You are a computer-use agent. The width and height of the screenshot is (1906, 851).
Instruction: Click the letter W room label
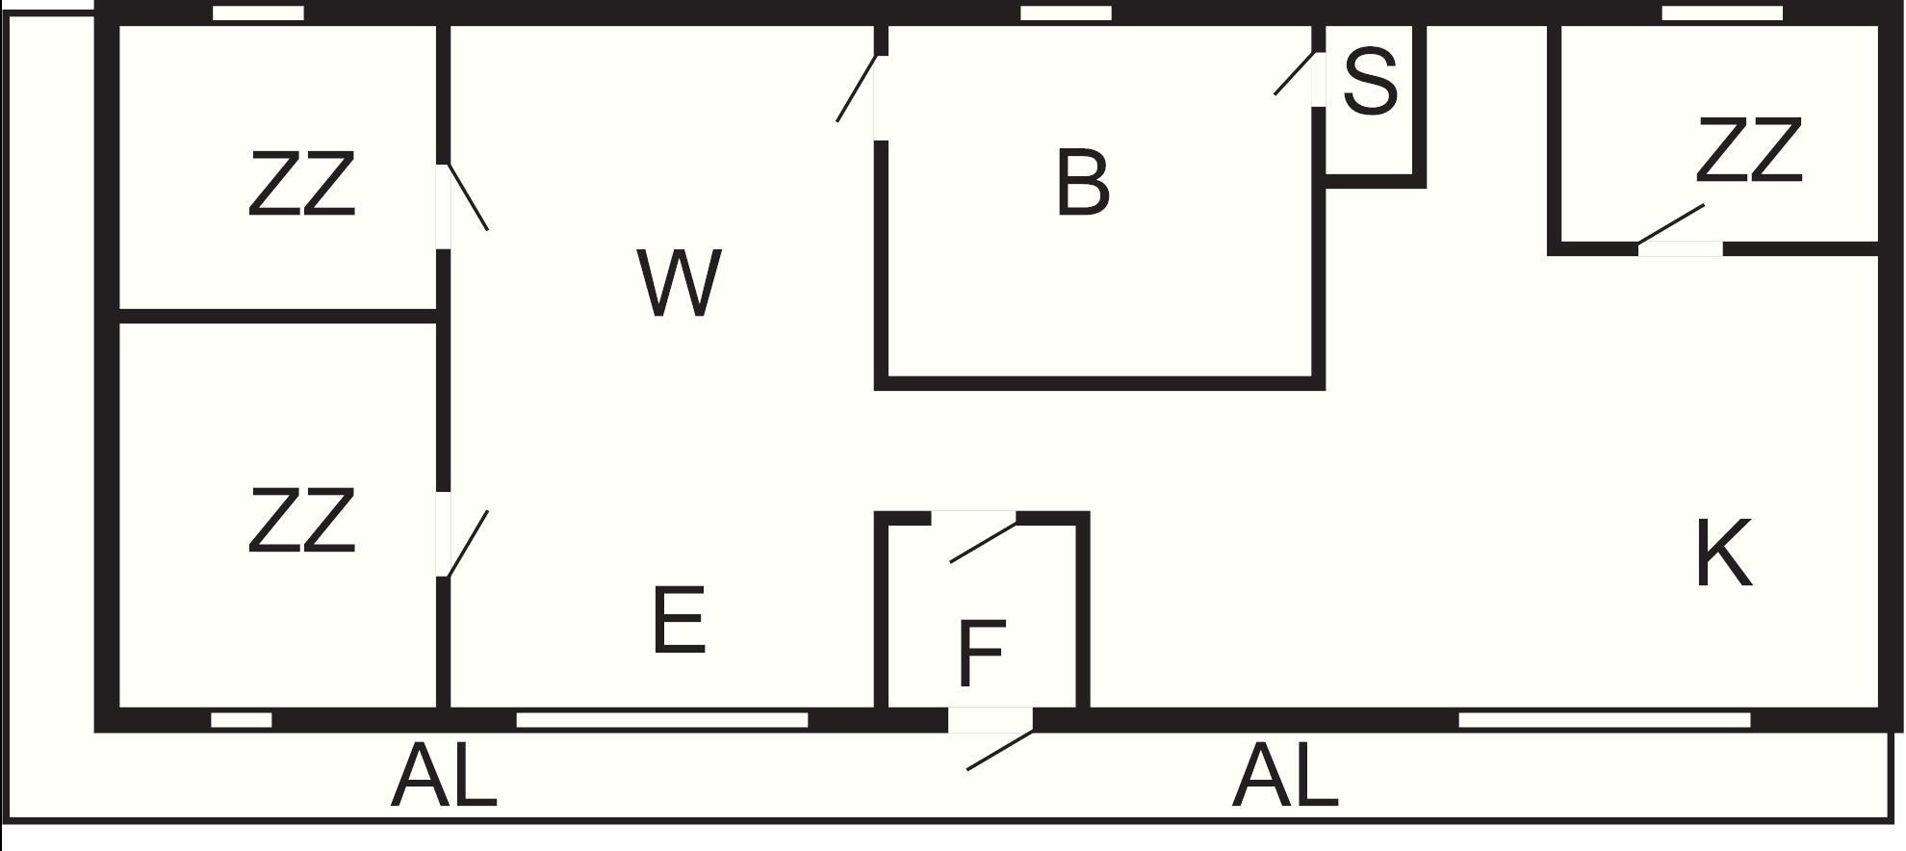[x=679, y=283]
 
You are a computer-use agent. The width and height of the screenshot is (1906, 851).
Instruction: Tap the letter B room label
[x=1083, y=183]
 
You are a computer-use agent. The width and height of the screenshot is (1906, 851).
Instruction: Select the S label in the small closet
[x=1369, y=81]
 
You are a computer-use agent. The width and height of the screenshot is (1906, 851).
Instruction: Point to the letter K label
[x=1722, y=553]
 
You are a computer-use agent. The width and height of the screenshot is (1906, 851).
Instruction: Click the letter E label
[x=679, y=620]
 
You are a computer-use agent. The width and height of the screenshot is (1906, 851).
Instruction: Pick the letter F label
[x=982, y=654]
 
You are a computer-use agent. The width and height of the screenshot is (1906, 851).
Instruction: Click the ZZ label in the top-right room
[x=1748, y=150]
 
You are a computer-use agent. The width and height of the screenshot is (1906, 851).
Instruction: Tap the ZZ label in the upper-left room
[x=301, y=183]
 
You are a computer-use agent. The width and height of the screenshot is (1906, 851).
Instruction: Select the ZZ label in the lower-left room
[x=301, y=520]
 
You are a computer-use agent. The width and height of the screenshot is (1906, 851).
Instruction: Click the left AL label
[x=444, y=776]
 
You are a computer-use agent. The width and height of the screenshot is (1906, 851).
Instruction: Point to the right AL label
[x=1285, y=776]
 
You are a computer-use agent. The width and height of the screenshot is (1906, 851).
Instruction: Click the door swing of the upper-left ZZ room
[x=467, y=197]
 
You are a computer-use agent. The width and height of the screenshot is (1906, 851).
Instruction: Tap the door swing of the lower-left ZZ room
[x=467, y=544]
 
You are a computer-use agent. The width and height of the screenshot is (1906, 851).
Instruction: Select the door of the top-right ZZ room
[x=1670, y=223]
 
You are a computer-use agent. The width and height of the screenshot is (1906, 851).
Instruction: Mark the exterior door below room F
[x=1000, y=750]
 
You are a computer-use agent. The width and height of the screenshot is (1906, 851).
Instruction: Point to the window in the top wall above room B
[x=1066, y=13]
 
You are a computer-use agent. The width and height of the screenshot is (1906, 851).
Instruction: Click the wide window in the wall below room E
[x=662, y=720]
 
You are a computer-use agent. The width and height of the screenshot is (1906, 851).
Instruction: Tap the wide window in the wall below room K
[x=1605, y=720]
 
